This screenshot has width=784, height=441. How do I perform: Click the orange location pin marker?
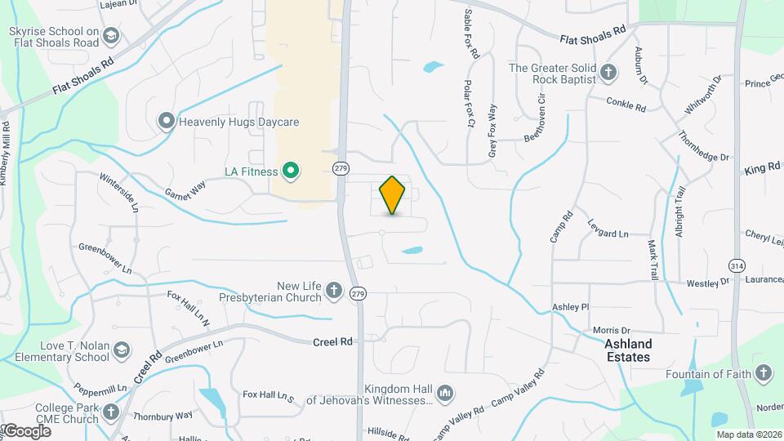(x=393, y=194)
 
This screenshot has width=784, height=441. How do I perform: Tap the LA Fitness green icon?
(x=290, y=171)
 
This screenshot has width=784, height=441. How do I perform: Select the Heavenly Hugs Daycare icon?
(x=167, y=122)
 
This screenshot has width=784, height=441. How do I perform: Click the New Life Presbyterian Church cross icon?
(x=333, y=290)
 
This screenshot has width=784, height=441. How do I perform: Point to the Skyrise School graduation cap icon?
(x=111, y=35)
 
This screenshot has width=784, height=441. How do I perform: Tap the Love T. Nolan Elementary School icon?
(x=122, y=350)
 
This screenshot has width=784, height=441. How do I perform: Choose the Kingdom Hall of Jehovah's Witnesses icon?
(x=445, y=394)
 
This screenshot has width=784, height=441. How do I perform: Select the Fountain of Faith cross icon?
(x=763, y=373)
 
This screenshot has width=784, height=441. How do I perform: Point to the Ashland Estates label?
(x=628, y=351)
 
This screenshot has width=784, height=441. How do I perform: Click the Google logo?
(x=26, y=430)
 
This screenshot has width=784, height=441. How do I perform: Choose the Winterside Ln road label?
(x=118, y=189)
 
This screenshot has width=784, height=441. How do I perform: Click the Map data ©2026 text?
(x=745, y=434)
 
